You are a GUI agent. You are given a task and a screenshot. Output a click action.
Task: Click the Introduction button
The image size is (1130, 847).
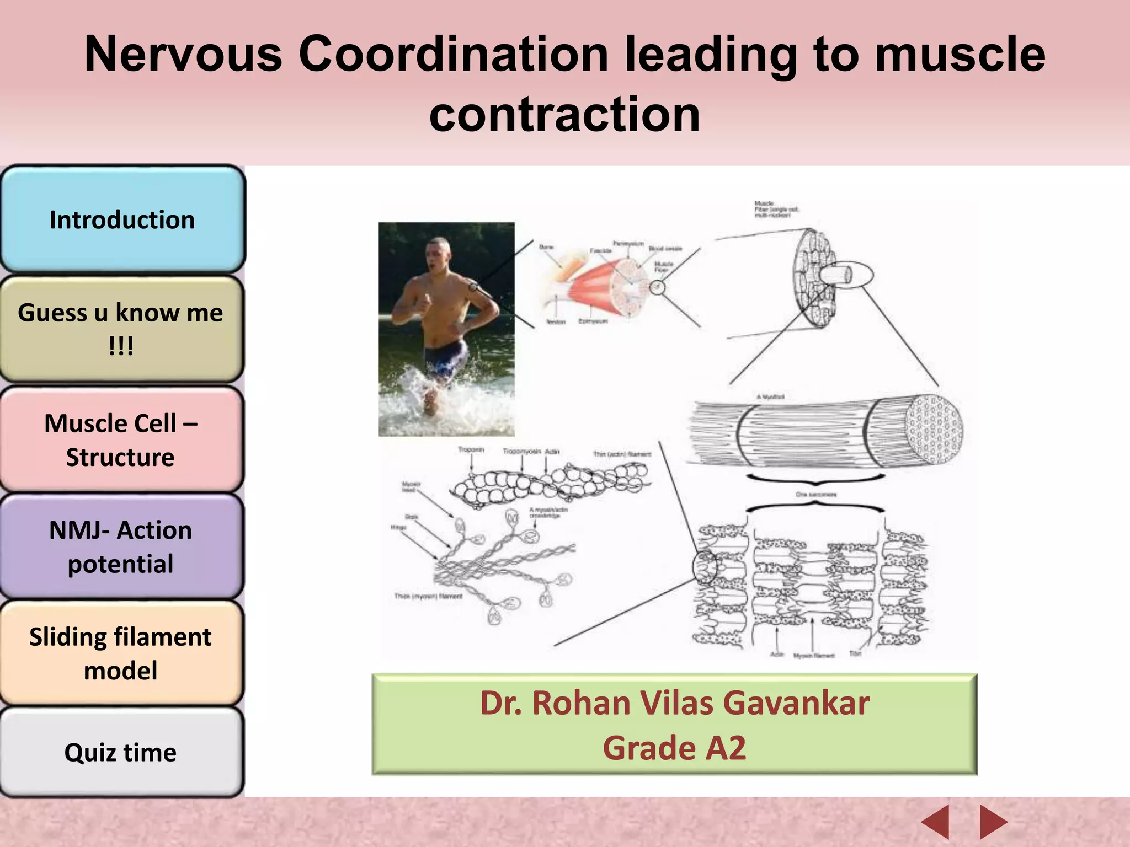click(122, 219)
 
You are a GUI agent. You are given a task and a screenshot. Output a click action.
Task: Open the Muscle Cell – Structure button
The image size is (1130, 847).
click(121, 439)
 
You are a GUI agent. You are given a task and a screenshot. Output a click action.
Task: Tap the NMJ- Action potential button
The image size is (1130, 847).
click(121, 546)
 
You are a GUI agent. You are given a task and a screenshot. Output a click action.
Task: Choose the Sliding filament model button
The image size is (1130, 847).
click(121, 653)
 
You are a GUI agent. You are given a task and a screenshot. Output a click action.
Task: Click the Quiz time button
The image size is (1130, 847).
click(121, 752)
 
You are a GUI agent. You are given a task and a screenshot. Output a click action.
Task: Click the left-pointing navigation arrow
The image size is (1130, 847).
click(936, 822)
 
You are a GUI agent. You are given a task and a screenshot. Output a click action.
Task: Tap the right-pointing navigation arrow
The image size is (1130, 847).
click(993, 822)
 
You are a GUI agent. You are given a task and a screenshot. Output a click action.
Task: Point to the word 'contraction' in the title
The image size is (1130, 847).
click(564, 114)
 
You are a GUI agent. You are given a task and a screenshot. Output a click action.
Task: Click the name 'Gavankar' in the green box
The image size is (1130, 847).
click(796, 703)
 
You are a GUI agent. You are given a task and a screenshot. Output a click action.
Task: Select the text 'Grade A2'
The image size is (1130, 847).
click(674, 748)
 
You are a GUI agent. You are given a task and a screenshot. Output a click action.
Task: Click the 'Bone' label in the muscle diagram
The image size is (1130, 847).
click(546, 247)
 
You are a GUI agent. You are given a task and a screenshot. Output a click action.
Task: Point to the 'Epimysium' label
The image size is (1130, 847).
click(593, 321)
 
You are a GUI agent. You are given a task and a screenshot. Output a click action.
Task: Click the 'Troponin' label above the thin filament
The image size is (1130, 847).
click(471, 450)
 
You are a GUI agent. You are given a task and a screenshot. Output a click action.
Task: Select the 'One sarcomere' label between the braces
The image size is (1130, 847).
click(815, 495)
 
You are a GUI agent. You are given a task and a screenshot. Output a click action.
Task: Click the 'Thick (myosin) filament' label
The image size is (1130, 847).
click(428, 596)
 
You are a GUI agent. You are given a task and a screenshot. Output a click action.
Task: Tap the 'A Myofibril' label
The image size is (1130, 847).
click(770, 397)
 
